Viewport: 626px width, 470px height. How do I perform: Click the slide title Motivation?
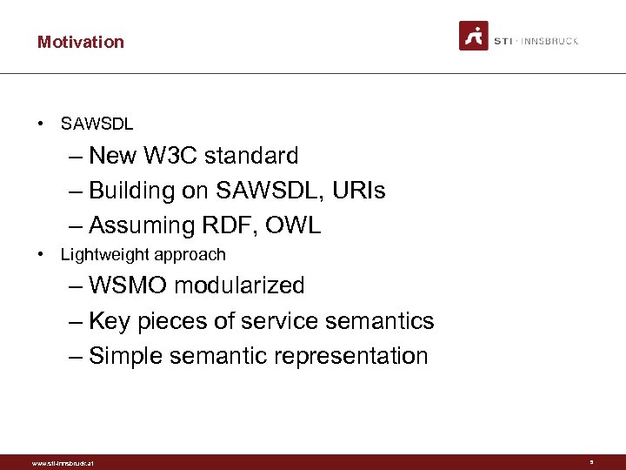(x=80, y=42)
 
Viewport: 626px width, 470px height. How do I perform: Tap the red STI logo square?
(x=474, y=36)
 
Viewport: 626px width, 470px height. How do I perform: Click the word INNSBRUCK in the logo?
(x=553, y=41)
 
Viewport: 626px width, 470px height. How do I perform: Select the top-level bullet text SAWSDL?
(x=97, y=124)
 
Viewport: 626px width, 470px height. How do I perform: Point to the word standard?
(x=256, y=156)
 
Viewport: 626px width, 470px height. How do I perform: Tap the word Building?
(x=133, y=191)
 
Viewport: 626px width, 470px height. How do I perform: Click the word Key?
(x=110, y=321)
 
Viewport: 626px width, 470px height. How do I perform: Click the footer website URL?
(x=62, y=463)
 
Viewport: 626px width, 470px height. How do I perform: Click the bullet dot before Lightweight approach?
(x=41, y=255)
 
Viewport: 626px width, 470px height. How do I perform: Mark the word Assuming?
(x=141, y=225)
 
